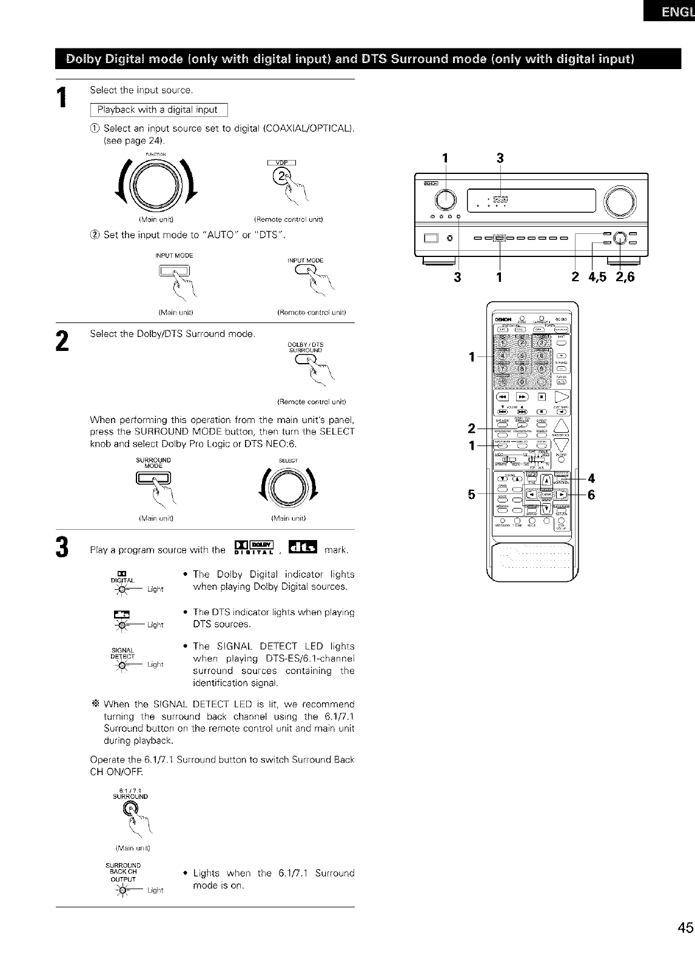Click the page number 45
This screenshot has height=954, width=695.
tap(685, 928)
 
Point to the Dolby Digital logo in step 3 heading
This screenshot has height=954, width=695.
tap(255, 547)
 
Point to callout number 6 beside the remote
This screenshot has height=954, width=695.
tap(591, 495)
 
